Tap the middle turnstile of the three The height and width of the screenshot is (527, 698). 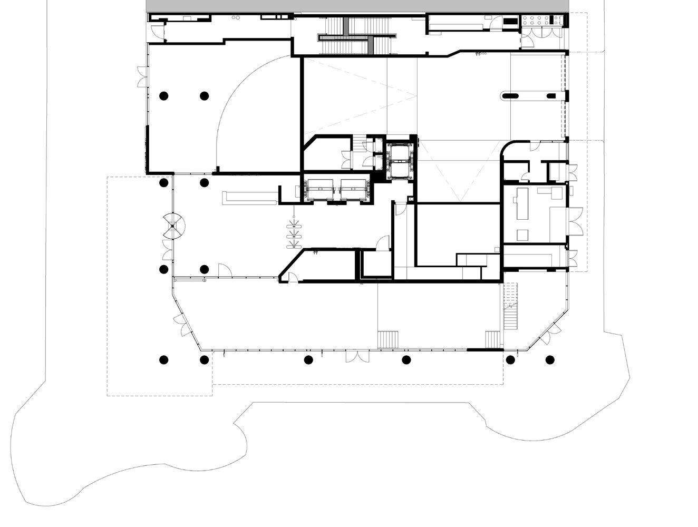(293, 236)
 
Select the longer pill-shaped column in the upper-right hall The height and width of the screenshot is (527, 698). (510, 96)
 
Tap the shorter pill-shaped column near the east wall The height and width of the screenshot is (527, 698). (551, 96)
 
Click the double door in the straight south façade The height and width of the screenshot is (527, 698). (354, 357)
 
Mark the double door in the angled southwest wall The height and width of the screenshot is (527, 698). (183, 326)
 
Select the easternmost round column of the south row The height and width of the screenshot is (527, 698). (550, 360)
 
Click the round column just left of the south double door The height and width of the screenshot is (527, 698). (308, 360)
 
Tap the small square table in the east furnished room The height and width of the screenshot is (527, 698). (522, 234)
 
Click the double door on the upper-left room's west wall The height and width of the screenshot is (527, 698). (141, 77)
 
